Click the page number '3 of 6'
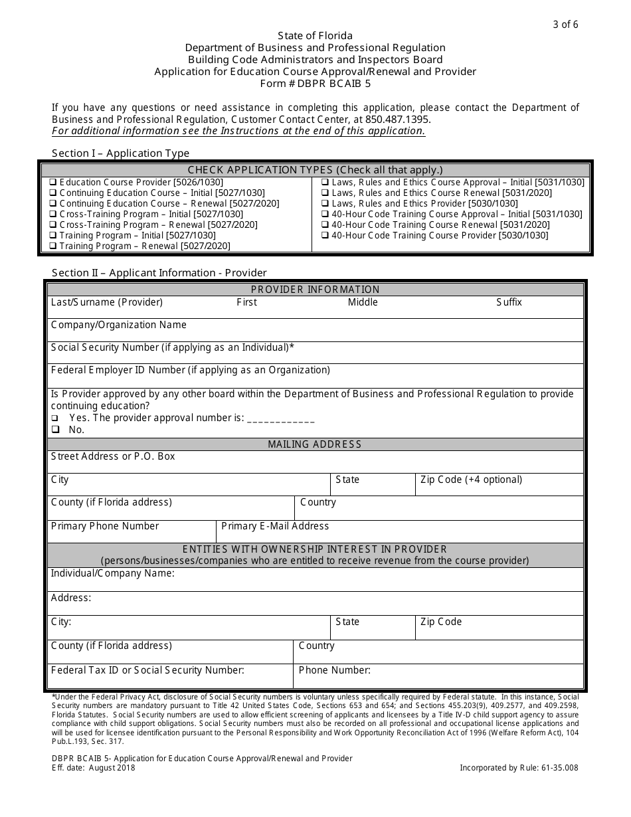tap(565, 25)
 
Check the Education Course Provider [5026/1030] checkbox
tap(53, 183)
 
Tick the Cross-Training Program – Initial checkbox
tap(53, 215)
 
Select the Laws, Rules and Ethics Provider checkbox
tap(325, 204)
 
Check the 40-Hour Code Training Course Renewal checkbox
tap(325, 225)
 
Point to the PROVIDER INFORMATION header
tap(315, 290)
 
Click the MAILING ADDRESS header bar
tap(315, 444)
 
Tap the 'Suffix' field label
tap(509, 302)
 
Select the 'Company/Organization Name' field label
tap(119, 325)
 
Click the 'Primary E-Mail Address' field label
tap(275, 526)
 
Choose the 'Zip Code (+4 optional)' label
tap(471, 480)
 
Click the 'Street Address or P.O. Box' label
tap(113, 456)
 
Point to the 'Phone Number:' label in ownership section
tap(334, 670)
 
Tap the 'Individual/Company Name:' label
tap(112, 573)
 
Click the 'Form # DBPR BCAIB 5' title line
tap(315, 84)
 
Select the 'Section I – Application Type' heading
tap(121, 153)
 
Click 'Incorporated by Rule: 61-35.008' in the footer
tap(519, 768)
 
